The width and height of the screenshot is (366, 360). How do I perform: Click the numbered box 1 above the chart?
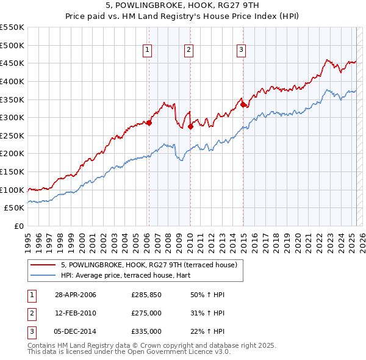(x=148, y=50)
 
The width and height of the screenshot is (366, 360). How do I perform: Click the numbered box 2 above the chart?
(x=189, y=50)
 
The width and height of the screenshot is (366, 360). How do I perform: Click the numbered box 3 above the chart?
(x=242, y=50)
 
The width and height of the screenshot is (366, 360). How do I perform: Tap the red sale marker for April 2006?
(x=149, y=123)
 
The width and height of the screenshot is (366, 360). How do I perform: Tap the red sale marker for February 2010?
(x=190, y=126)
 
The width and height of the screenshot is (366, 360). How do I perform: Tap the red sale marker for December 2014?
(x=243, y=104)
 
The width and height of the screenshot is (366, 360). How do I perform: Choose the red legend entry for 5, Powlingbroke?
(x=152, y=264)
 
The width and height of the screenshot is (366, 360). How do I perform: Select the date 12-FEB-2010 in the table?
(x=76, y=313)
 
